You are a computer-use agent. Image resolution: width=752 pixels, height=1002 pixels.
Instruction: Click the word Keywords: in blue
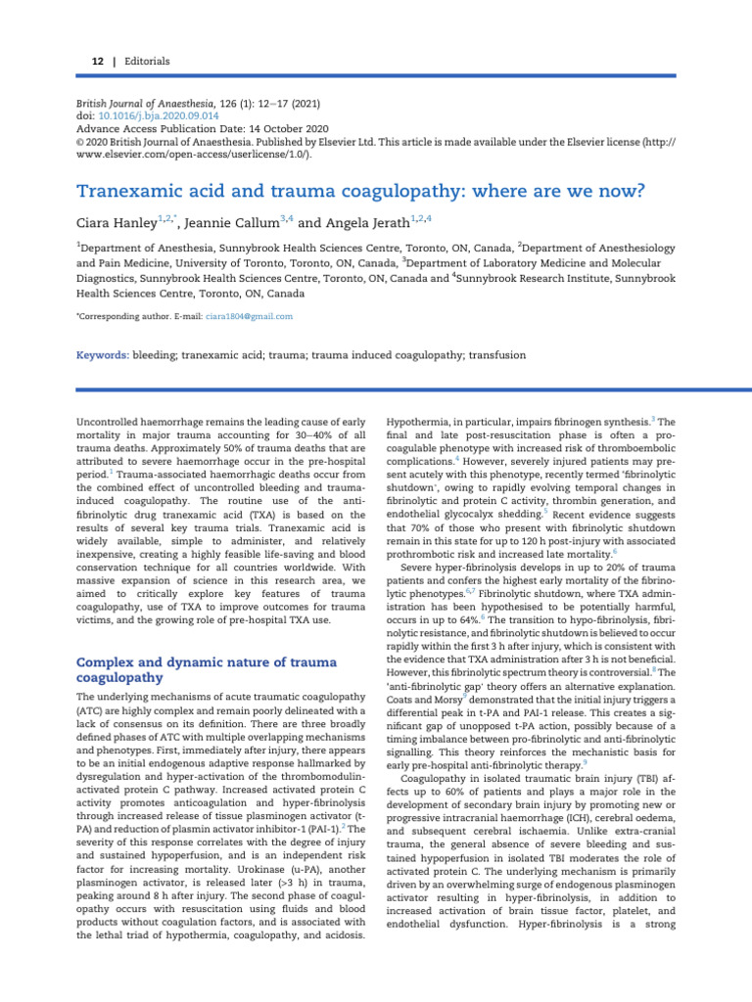pos(102,355)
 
